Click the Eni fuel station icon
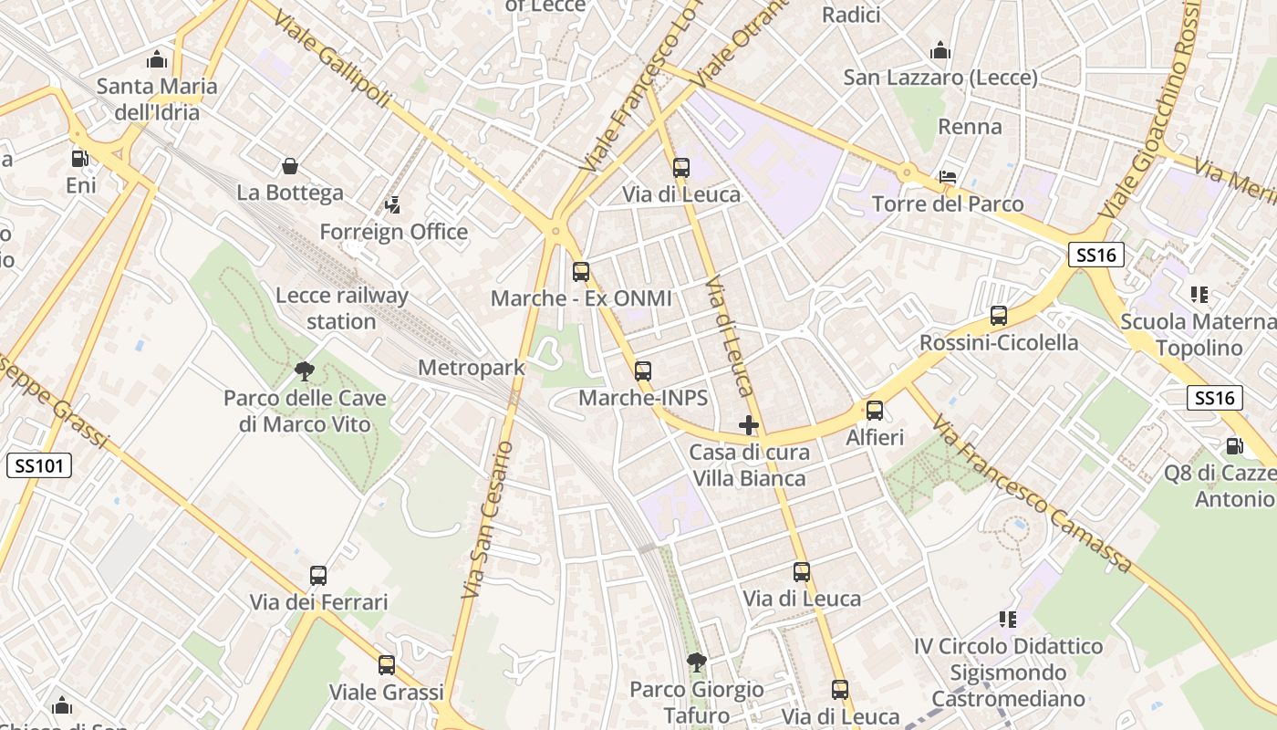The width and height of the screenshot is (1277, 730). click(80, 158)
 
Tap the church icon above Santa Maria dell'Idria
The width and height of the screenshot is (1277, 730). click(157, 60)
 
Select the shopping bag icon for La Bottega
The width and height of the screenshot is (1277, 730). click(290, 166)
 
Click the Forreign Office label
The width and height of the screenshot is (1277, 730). click(393, 232)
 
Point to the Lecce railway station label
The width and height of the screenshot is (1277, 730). click(341, 308)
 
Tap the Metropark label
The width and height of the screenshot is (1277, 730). click(471, 368)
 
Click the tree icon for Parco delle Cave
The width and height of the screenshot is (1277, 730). click(305, 371)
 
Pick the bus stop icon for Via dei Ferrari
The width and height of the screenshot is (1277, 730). click(318, 576)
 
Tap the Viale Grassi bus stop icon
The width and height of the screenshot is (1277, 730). click(387, 665)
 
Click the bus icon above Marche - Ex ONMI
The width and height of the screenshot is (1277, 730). click(581, 272)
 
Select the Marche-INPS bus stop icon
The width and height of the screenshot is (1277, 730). click(643, 371)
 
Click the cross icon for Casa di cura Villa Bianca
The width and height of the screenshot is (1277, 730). click(749, 425)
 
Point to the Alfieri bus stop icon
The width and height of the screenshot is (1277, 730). click(875, 411)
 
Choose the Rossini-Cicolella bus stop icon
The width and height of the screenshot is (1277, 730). click(999, 317)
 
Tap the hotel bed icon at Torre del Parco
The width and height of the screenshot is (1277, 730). click(948, 177)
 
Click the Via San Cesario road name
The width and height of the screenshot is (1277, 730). click(489, 520)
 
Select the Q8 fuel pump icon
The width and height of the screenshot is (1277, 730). click(1234, 446)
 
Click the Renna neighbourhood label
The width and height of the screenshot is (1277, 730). click(970, 127)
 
